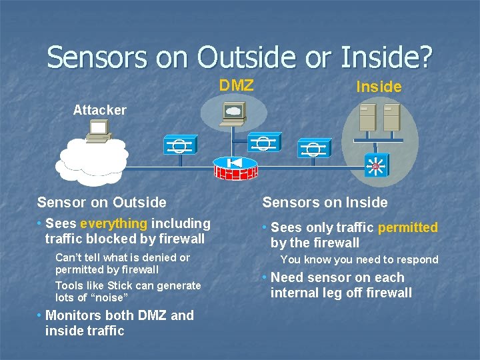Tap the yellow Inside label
pyautogui.click(x=379, y=87)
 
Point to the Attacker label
pyautogui.click(x=99, y=110)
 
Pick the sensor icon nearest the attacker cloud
pyautogui.click(x=179, y=145)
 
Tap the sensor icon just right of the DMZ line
pyautogui.click(x=263, y=143)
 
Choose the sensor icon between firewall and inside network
pyautogui.click(x=313, y=148)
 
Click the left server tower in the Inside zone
pyautogui.click(x=367, y=117)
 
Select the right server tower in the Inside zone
pyautogui.click(x=391, y=117)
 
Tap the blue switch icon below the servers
pyautogui.click(x=375, y=167)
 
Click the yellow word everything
pyautogui.click(x=113, y=223)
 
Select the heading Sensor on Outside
pyautogui.click(x=101, y=202)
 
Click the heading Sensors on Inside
pyautogui.click(x=325, y=202)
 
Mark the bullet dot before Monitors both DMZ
pyautogui.click(x=40, y=315)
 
